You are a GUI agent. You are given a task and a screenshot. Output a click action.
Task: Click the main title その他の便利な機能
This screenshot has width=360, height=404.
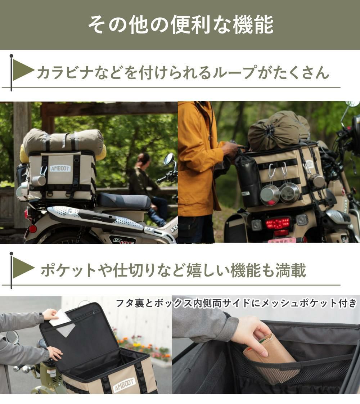point(180,24)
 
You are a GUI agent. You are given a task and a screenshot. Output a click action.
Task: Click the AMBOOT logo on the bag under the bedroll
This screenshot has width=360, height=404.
point(60,168)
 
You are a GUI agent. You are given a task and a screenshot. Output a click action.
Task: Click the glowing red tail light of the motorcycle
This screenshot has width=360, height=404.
point(278,224)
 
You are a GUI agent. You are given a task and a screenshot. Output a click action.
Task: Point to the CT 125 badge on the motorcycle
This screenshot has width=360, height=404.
point(122,240)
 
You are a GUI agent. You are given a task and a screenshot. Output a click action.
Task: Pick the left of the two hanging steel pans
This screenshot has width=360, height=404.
point(270,194)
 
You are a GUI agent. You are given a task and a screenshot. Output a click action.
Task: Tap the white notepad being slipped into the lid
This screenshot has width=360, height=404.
point(59,318)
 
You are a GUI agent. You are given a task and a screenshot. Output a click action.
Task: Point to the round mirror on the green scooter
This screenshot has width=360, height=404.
point(12,337)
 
